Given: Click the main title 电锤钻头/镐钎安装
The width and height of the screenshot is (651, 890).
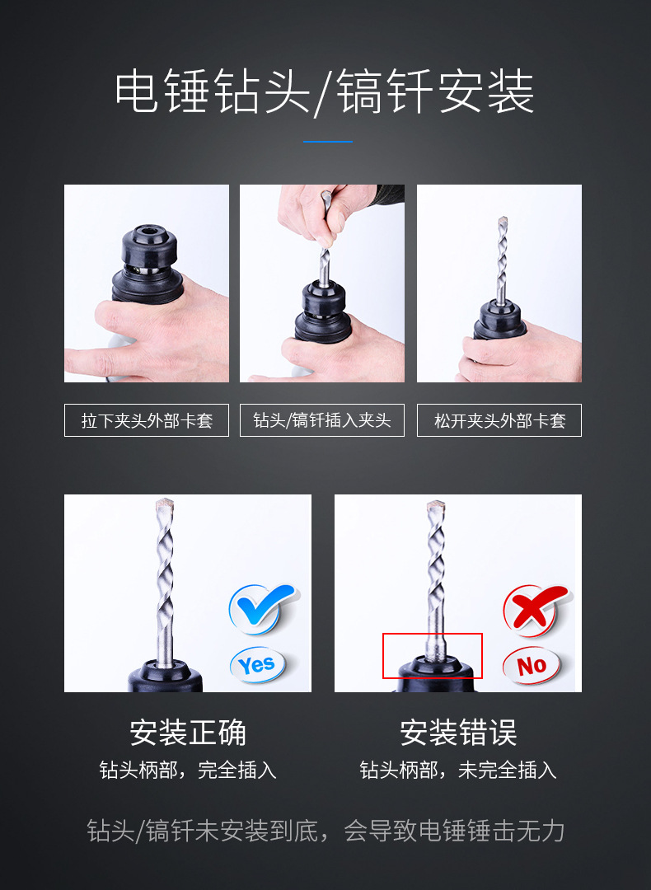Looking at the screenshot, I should [325, 91].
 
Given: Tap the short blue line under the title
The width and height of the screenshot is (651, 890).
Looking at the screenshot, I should [327, 142].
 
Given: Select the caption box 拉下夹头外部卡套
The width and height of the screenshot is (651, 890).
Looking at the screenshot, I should [147, 420].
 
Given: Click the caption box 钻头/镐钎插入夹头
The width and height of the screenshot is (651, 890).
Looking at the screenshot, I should [322, 420].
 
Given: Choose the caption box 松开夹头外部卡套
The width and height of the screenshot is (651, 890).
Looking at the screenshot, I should [499, 420].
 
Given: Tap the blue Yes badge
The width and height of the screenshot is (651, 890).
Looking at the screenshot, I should [257, 664].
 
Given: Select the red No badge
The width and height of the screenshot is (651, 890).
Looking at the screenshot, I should [532, 664].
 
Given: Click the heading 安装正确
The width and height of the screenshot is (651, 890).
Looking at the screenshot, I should [188, 732].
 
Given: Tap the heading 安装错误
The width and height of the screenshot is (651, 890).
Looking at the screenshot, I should [458, 732].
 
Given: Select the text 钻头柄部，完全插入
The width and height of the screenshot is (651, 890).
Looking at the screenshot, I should [188, 771].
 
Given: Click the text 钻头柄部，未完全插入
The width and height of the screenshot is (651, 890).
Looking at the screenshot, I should [458, 771].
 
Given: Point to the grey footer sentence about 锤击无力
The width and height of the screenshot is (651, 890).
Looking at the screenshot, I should [325, 831].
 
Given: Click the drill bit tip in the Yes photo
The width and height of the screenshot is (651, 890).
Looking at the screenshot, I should [166, 505].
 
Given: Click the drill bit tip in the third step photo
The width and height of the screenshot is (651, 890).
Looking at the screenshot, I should [503, 224].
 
